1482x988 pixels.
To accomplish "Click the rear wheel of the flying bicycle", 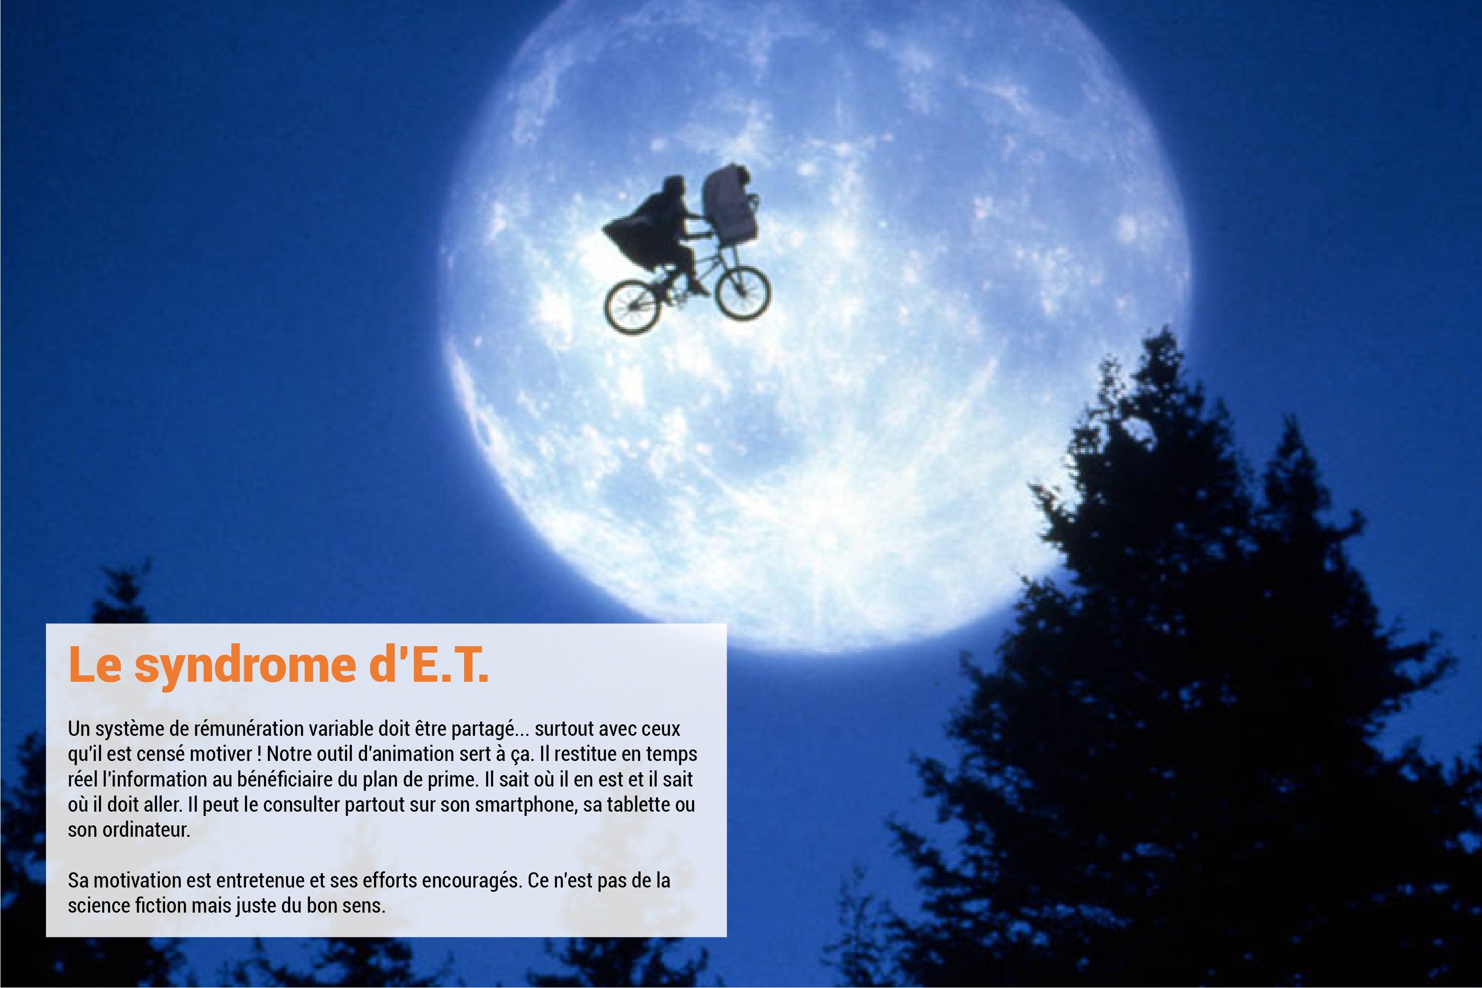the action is point(632,307).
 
